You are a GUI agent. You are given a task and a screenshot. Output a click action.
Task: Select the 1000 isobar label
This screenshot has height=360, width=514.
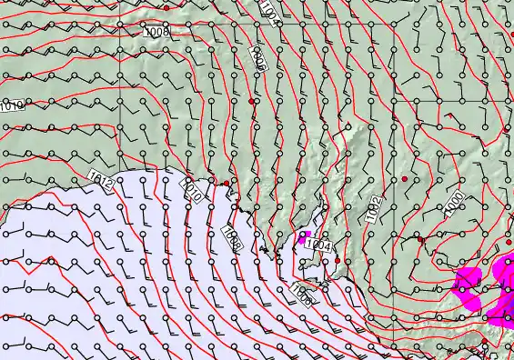(x=455, y=202)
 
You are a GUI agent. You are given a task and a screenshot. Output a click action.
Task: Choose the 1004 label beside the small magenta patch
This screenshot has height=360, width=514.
(x=318, y=245)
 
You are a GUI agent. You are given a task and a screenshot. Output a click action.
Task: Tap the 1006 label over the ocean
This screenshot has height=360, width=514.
(x=303, y=293)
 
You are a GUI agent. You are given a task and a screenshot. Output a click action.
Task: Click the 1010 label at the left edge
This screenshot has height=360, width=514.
(x=11, y=106)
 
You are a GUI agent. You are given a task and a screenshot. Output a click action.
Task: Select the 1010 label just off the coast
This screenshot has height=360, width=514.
(x=193, y=191)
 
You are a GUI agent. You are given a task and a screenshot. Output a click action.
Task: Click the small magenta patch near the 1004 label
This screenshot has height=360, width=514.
(x=303, y=239)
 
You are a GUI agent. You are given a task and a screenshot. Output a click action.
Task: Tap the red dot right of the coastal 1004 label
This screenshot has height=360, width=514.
(x=338, y=260)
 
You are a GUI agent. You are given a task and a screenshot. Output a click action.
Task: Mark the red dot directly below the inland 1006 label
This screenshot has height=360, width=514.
(x=251, y=102)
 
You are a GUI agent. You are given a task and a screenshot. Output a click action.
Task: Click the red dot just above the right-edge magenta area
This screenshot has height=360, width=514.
(x=509, y=242)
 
